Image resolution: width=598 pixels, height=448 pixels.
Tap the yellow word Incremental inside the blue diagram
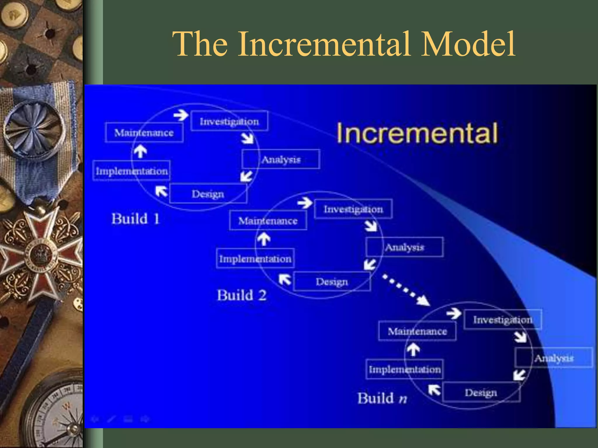tap(417, 133)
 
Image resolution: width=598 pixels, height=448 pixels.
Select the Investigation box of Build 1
tap(229, 121)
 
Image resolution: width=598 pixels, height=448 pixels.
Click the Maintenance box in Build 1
tap(144, 133)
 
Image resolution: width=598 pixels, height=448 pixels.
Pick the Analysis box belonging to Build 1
tap(281, 159)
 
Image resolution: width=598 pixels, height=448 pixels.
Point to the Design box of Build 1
tap(208, 194)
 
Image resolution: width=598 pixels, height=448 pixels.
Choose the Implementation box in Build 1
tap(132, 171)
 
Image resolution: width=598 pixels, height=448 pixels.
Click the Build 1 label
tap(135, 219)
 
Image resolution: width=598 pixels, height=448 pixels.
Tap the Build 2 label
tap(242, 295)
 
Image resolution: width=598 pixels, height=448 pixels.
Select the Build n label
tap(382, 398)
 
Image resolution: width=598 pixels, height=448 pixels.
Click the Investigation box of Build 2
tap(353, 209)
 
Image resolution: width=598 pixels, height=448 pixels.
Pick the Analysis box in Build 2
tap(405, 247)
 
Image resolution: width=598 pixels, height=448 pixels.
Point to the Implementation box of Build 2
tap(255, 258)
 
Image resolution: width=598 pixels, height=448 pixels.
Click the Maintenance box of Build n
tap(417, 331)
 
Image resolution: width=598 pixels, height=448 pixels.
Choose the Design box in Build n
tap(481, 392)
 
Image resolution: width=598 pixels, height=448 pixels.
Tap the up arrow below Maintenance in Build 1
tap(140, 151)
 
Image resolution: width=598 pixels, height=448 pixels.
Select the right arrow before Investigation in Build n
tap(454, 314)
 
